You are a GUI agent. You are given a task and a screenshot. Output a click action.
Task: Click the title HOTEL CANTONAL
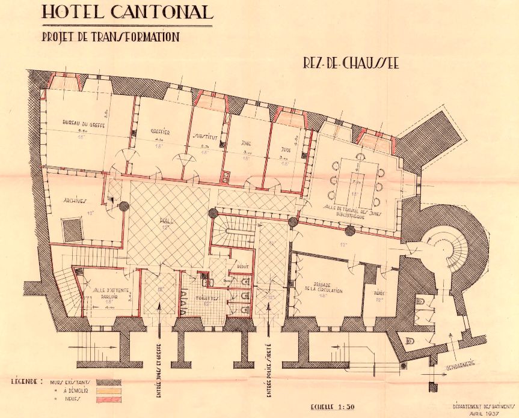(x=127, y=13)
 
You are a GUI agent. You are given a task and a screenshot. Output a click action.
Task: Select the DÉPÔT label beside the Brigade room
(x=379, y=294)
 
